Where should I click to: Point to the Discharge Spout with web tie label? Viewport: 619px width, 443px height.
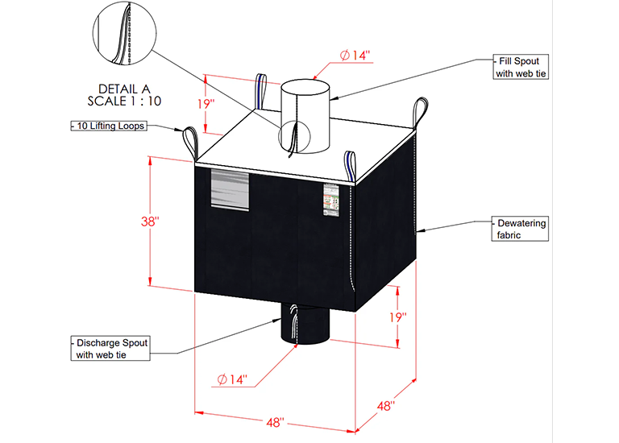pos(111,347)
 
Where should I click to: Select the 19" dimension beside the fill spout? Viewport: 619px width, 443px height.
pos(207,105)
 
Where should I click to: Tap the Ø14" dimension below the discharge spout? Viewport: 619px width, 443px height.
pos(232,378)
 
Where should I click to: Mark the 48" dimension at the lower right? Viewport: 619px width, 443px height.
pos(386,408)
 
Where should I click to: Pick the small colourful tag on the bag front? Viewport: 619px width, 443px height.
pos(330,199)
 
